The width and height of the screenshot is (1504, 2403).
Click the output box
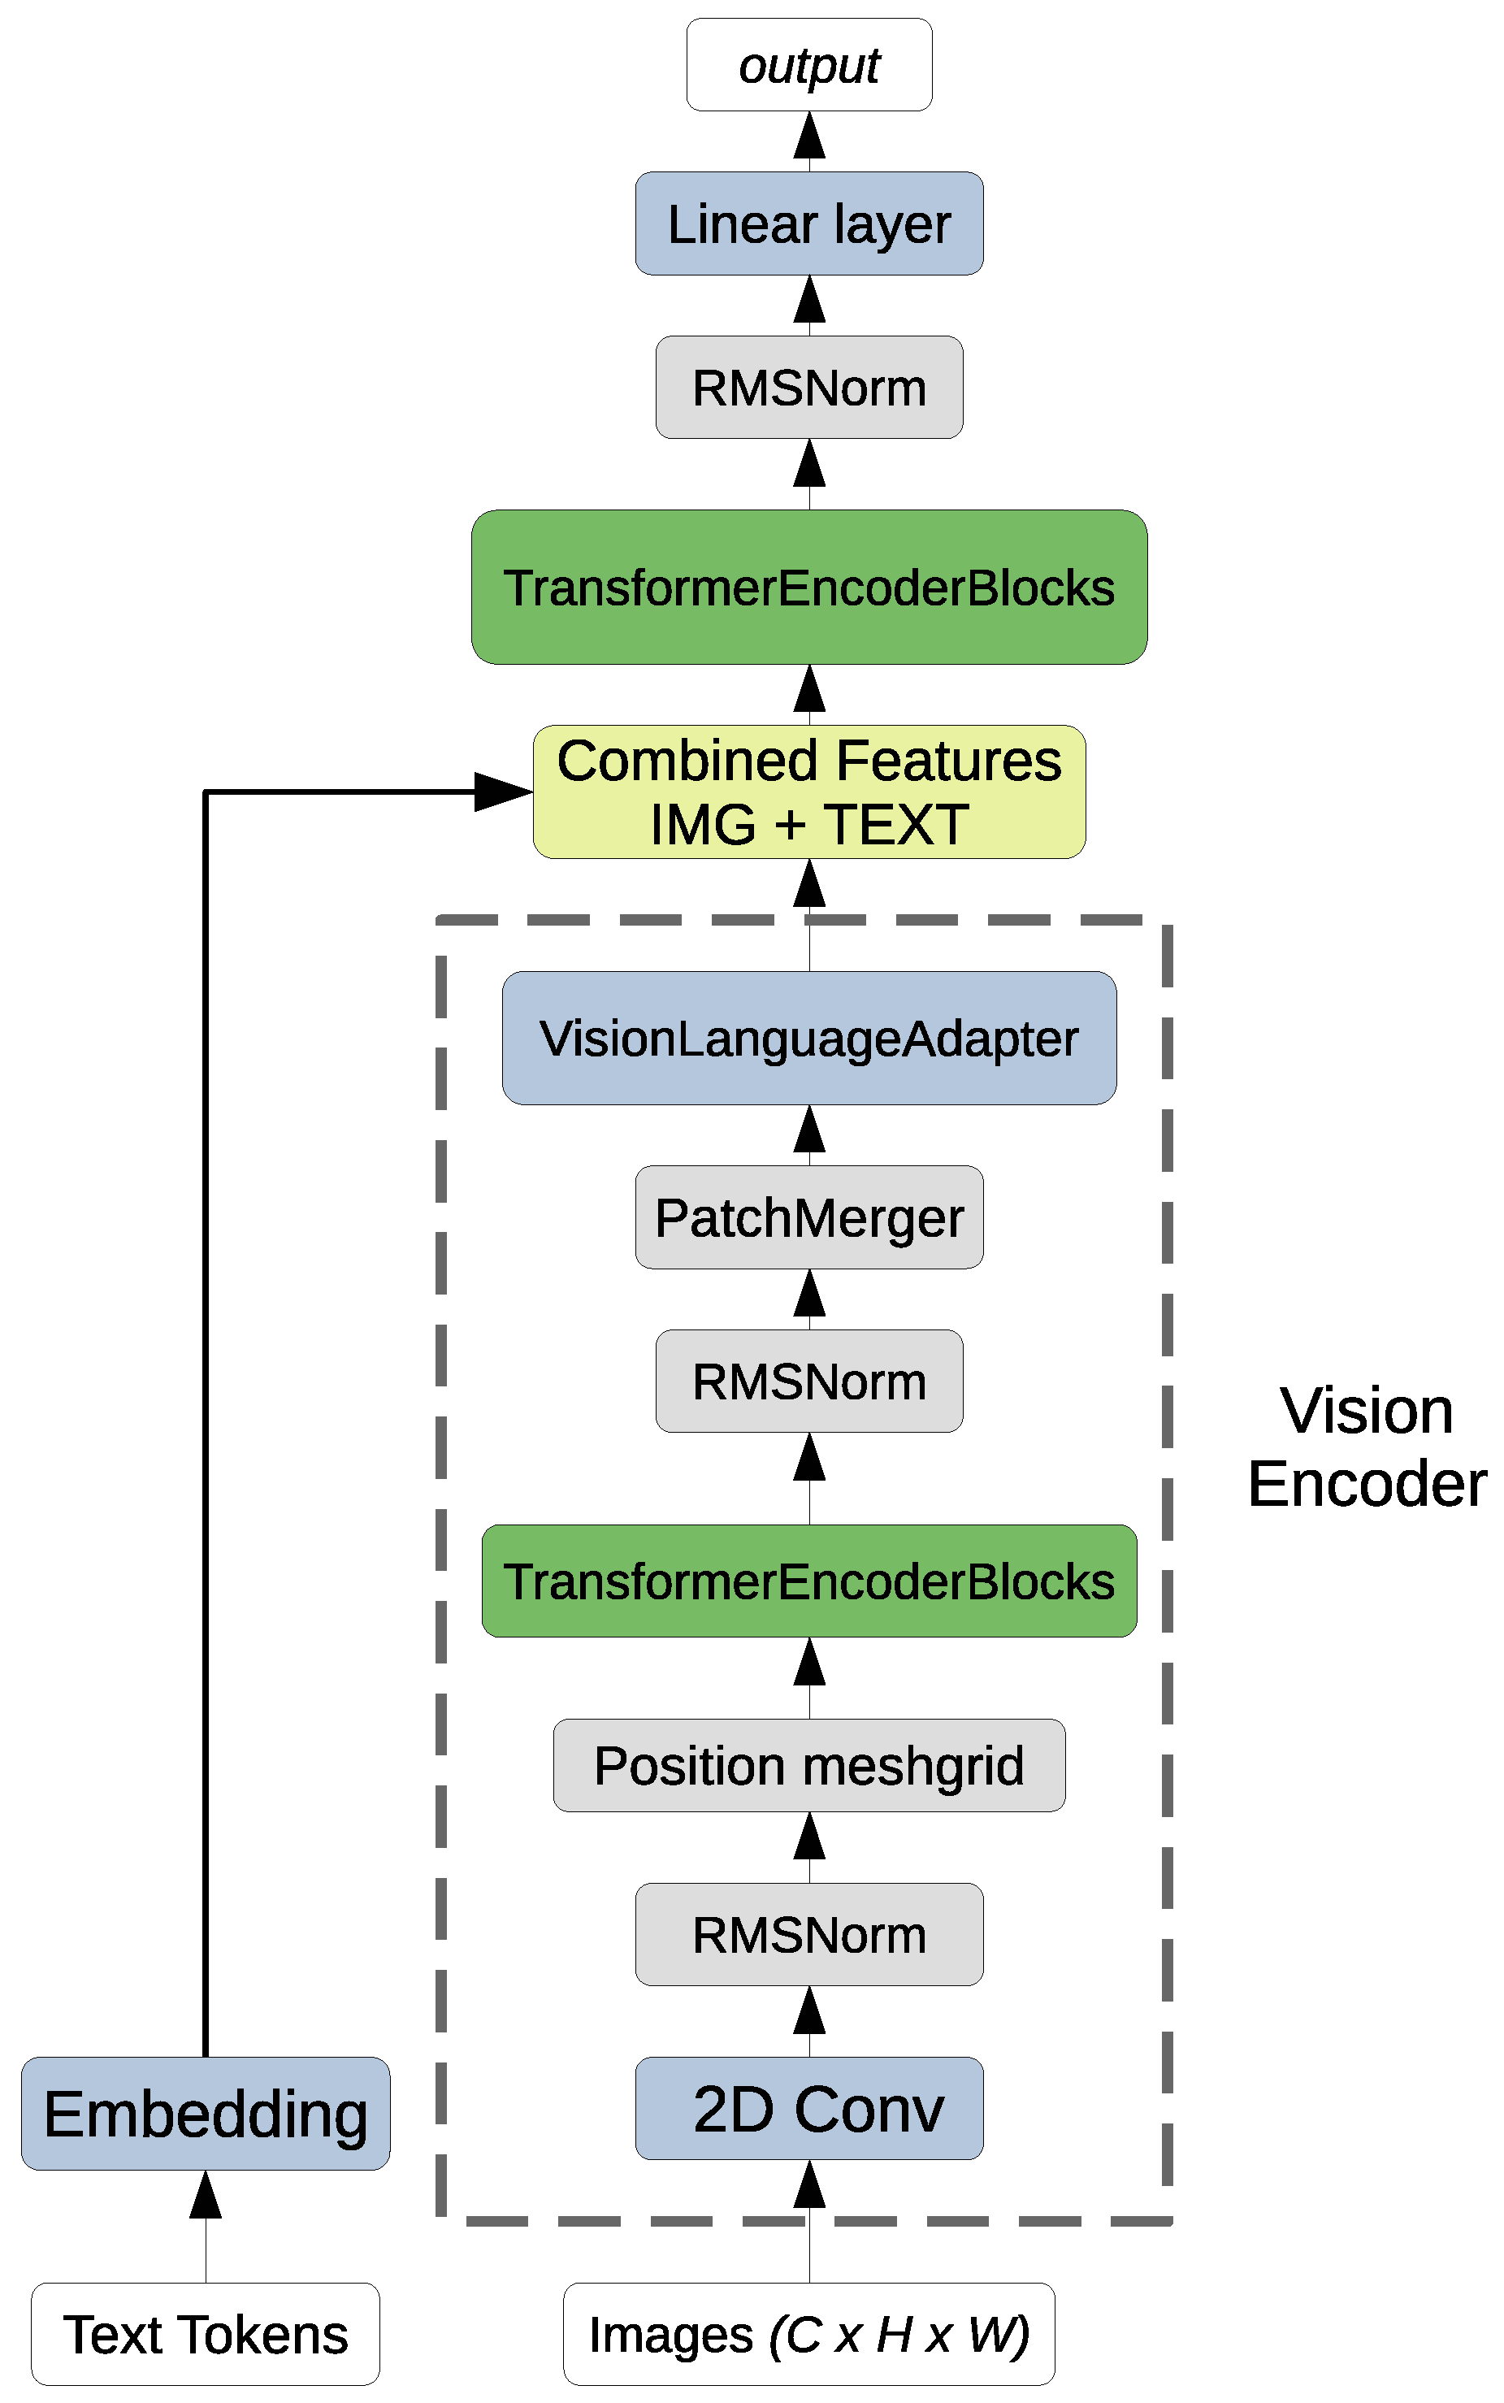(808, 65)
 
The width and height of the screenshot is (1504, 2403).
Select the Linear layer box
(808, 223)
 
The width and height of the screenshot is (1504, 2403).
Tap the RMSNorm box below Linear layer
(808, 387)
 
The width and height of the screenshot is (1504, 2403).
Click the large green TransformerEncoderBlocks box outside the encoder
(808, 587)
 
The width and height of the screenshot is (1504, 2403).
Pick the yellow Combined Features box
(808, 792)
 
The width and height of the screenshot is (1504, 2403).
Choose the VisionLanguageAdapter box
(808, 1038)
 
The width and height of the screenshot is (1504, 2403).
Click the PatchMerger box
(808, 1217)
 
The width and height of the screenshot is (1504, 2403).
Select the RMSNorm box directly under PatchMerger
(808, 1381)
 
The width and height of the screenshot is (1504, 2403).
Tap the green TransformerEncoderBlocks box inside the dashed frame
(808, 1581)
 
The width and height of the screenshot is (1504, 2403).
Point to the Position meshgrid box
(808, 1765)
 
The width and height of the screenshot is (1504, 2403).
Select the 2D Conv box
(808, 2109)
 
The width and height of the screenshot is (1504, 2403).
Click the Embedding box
(205, 2114)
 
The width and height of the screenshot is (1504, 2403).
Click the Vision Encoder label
(1366, 1447)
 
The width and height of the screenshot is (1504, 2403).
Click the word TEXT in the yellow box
(895, 825)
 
